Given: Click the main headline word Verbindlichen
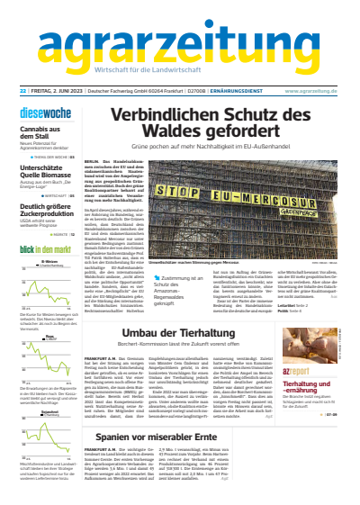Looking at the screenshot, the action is tap(184, 116).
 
